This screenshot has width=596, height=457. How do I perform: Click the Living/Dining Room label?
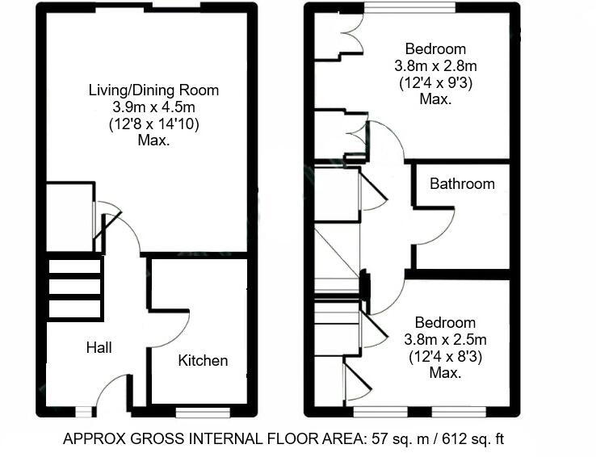(x=153, y=90)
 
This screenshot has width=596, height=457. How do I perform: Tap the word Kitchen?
(x=203, y=360)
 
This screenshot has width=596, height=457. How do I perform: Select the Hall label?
(x=99, y=347)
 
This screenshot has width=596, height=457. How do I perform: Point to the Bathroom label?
(x=462, y=184)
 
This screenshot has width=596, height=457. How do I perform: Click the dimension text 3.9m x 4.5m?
(x=153, y=107)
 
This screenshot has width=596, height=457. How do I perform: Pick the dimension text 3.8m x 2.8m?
(x=435, y=66)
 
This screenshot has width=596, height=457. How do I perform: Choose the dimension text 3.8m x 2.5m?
(x=446, y=339)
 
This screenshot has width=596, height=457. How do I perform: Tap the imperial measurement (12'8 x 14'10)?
(x=154, y=124)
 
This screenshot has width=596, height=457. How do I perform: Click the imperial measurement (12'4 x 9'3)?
(x=435, y=83)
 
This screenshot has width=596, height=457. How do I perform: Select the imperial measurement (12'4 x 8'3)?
(x=446, y=356)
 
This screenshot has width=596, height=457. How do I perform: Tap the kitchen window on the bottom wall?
(x=203, y=412)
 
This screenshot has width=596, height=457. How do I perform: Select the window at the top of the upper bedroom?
(x=409, y=7)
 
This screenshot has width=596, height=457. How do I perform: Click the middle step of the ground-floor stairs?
(x=75, y=287)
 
